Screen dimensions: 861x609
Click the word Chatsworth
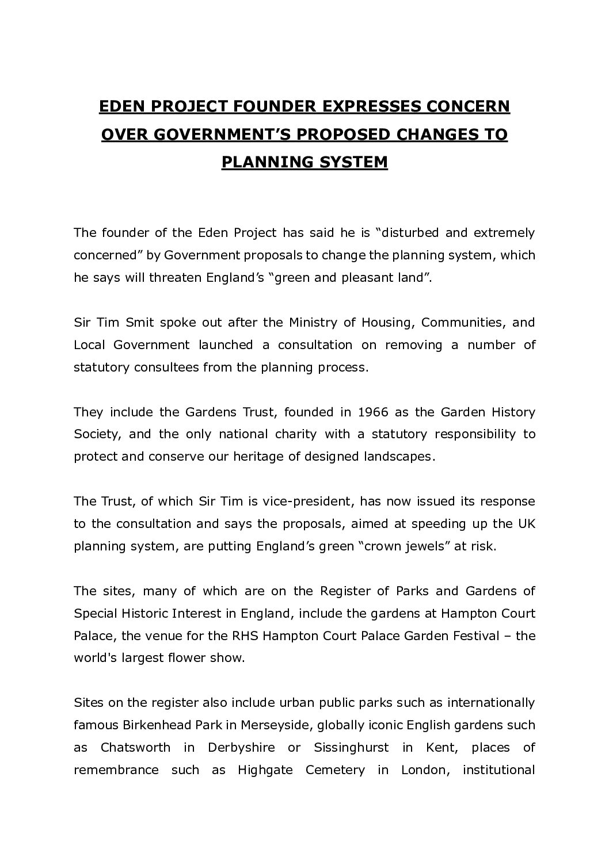(x=135, y=748)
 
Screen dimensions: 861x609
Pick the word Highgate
(x=265, y=770)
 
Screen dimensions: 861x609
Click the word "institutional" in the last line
(x=498, y=770)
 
